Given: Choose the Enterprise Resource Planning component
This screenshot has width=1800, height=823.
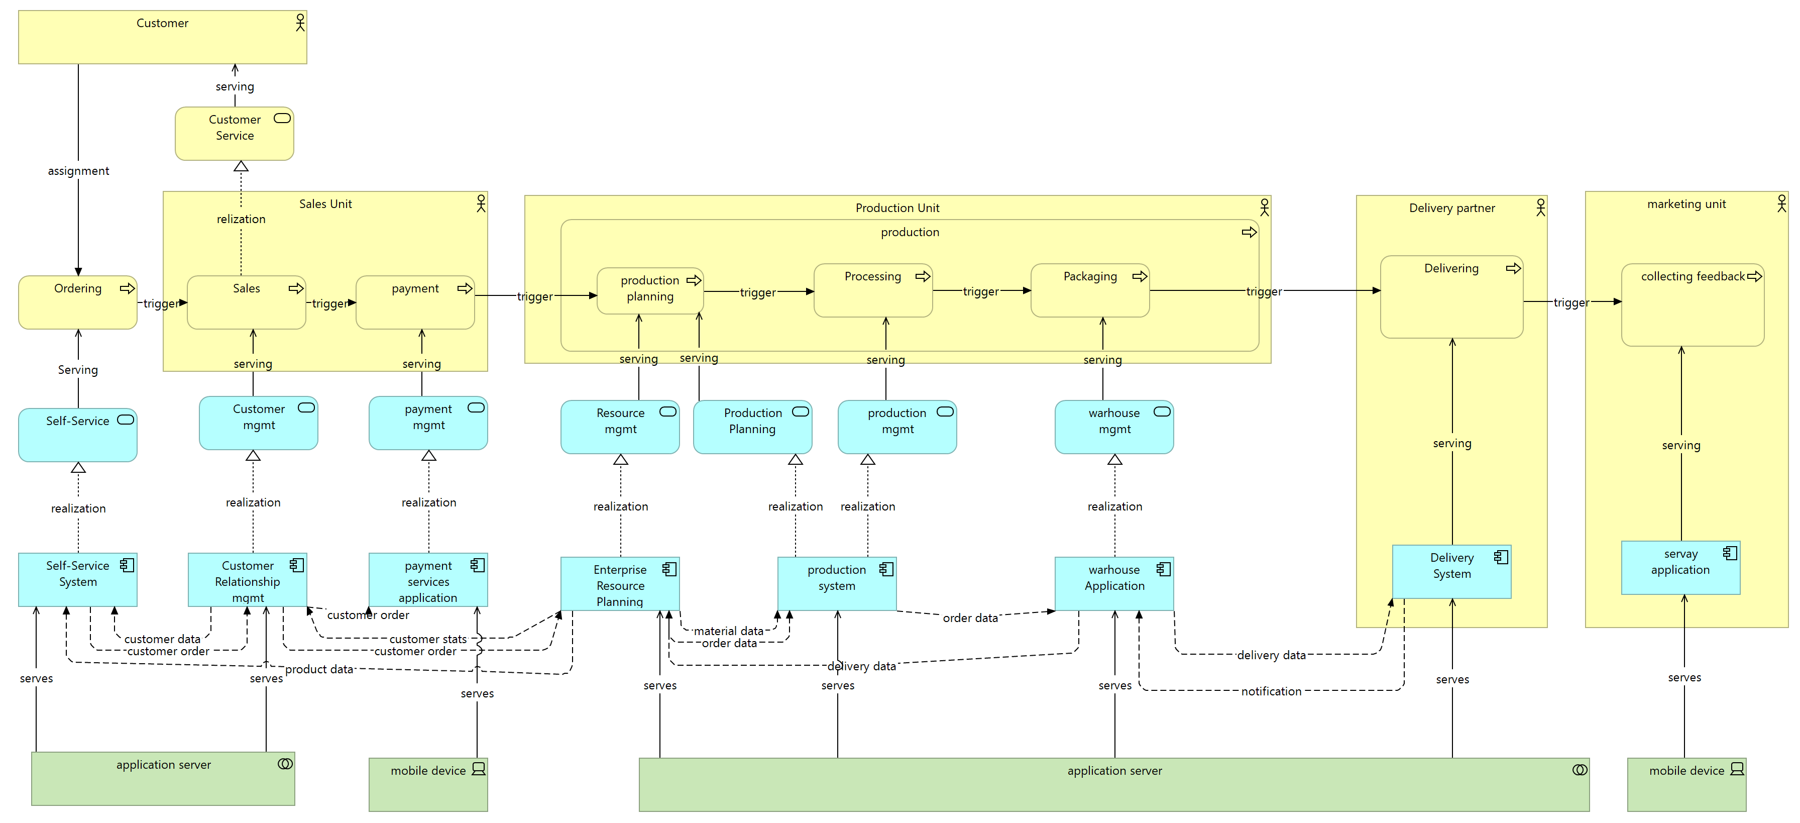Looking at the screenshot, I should (x=620, y=584).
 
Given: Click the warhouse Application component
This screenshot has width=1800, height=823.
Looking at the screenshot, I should (x=1114, y=583).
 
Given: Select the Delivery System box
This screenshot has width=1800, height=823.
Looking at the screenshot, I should (x=1451, y=571).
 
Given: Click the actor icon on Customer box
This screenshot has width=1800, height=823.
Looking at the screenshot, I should (x=300, y=23).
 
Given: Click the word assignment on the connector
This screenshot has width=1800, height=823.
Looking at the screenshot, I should (x=78, y=171).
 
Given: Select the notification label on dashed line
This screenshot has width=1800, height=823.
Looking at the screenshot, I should (x=1271, y=691).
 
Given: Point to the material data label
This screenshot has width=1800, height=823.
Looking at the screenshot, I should (x=728, y=631).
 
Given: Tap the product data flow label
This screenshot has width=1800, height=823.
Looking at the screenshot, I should (x=319, y=669).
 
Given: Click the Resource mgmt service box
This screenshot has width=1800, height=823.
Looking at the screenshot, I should (x=620, y=427).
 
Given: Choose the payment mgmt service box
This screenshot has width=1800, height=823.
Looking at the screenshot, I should (x=428, y=423).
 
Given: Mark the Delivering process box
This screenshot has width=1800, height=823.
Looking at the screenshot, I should (x=1451, y=296).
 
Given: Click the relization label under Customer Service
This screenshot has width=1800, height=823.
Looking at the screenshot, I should (x=241, y=219).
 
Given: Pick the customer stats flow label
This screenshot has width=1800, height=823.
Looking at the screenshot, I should (x=427, y=639).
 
